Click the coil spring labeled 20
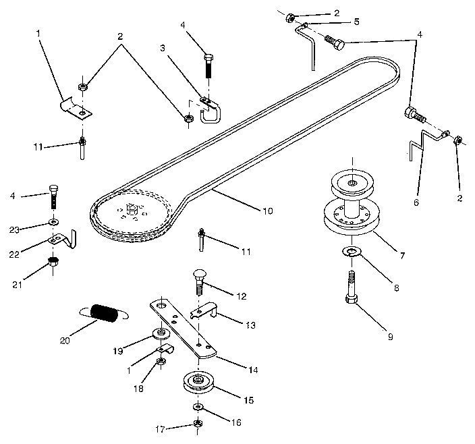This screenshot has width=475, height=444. pos(105,314)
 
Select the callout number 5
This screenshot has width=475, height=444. pos(357,22)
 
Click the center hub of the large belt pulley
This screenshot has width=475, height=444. pos(131,211)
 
